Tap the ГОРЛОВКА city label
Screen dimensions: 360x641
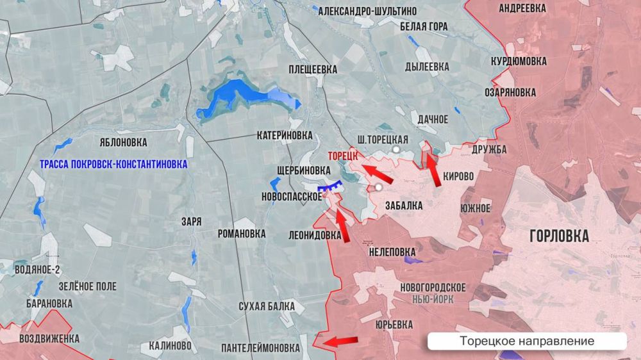pos(559,236)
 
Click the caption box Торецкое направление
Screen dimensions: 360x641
pos(527,341)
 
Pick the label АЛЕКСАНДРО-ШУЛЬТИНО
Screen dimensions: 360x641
pos(367,11)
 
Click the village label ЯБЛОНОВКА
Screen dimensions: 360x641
pos(123,142)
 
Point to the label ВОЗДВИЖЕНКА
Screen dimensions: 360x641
pos(49,338)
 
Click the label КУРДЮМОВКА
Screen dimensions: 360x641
pos(519,61)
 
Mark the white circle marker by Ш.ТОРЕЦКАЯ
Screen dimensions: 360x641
pos(397,149)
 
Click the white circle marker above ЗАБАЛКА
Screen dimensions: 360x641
pos(378,187)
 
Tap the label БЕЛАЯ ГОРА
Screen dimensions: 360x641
pos(423,27)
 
